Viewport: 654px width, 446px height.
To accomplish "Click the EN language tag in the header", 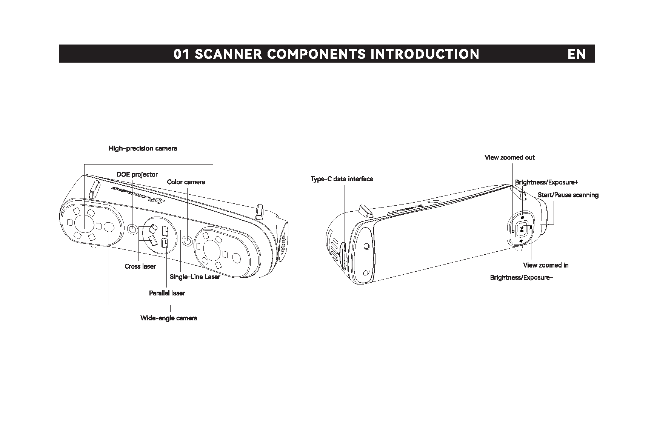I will click(x=576, y=54).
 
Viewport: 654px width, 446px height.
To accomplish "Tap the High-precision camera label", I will click(x=143, y=148).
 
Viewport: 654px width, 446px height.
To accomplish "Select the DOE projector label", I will click(x=137, y=174).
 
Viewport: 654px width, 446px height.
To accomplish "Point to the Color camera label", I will click(x=186, y=182).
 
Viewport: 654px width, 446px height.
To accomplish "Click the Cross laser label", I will click(x=140, y=266).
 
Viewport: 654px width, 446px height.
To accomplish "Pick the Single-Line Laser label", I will click(x=195, y=277).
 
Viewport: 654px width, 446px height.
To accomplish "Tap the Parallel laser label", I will click(x=167, y=293).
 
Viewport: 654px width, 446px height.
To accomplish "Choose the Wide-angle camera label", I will click(x=169, y=318).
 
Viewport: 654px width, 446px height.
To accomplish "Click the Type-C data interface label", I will click(x=342, y=179).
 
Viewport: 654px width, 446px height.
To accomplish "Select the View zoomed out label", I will click(x=509, y=157).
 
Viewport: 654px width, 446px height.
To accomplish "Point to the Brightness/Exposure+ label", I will click(x=546, y=182).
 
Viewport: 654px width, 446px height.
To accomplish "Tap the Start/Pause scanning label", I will click(x=568, y=195).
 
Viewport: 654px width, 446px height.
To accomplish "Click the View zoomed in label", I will click(x=546, y=265).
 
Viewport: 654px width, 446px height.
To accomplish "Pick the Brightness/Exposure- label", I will click(x=522, y=278).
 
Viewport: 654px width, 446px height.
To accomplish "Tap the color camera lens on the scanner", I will click(x=187, y=240).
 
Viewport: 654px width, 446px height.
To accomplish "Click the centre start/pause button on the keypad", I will click(x=522, y=229).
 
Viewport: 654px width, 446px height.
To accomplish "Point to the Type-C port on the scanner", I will click(x=345, y=257).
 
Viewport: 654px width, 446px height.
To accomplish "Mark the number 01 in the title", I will click(x=181, y=54).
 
